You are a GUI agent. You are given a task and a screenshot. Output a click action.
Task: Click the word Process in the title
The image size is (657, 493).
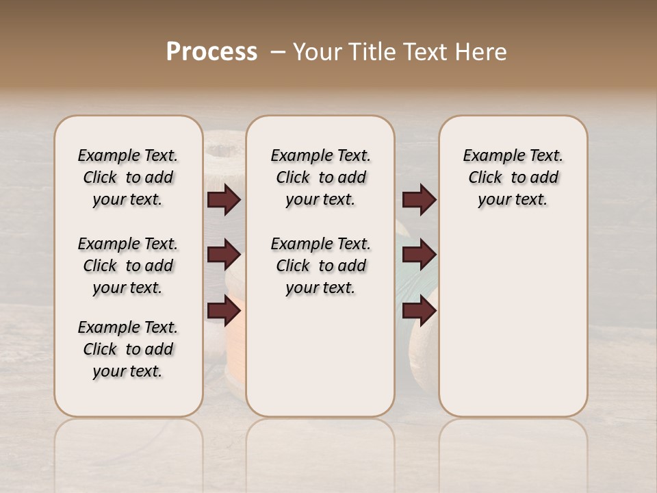(x=211, y=52)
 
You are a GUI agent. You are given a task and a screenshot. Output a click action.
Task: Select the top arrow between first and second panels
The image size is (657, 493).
(x=224, y=200)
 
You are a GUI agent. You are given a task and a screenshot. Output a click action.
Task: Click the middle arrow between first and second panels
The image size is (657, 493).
(x=224, y=255)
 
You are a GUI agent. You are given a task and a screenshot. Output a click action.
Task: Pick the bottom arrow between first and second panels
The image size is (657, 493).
(x=224, y=310)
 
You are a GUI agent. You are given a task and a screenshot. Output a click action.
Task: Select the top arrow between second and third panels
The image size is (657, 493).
(x=419, y=200)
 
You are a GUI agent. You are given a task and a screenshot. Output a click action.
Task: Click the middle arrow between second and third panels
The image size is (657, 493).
(x=419, y=255)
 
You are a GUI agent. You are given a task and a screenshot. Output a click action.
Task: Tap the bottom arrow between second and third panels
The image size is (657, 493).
(x=419, y=310)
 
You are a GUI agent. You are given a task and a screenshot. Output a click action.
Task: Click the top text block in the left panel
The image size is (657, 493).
(x=128, y=177)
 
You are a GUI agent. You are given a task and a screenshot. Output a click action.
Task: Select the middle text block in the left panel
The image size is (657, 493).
(x=128, y=266)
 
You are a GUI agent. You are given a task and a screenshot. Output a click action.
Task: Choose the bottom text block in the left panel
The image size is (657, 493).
(x=128, y=349)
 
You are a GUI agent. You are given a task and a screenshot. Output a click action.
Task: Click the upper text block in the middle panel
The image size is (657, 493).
(x=320, y=177)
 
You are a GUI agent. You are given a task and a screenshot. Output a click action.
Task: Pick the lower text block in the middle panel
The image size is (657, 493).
(x=320, y=266)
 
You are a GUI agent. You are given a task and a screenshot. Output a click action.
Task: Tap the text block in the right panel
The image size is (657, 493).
(x=513, y=177)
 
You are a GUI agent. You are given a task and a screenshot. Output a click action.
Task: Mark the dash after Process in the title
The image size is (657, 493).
(x=277, y=52)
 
